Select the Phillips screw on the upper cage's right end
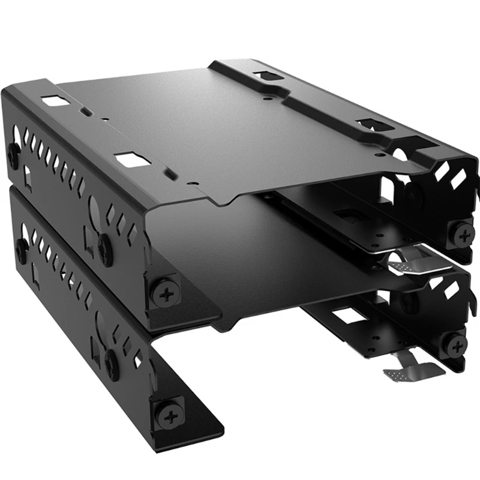click(462, 233)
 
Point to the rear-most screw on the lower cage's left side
click(21, 247)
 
